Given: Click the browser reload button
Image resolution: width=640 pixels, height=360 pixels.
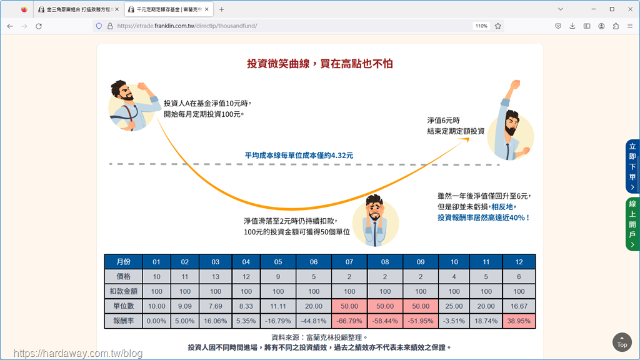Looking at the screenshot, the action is click(39, 26).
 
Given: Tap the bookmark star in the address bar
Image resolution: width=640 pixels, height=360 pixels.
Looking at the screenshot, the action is click(498, 26).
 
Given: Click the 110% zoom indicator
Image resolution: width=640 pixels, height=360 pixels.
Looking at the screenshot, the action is click(481, 26).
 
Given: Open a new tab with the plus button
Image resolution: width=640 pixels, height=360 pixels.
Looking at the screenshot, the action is click(222, 9).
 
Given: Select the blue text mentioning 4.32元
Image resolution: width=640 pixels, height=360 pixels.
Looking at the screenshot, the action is click(299, 156).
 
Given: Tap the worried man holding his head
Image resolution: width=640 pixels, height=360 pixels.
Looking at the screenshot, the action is click(375, 221).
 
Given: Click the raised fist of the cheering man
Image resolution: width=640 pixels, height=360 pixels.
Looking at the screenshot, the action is click(516, 84).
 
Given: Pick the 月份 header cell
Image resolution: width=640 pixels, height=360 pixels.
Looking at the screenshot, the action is click(123, 262).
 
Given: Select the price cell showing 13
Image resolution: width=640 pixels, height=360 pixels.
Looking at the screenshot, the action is click(216, 277).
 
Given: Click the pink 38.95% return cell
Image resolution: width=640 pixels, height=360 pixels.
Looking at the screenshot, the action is click(519, 321).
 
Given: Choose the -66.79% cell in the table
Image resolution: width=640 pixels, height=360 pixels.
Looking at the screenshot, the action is click(349, 321).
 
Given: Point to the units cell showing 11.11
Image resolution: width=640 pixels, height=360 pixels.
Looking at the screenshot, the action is click(278, 306).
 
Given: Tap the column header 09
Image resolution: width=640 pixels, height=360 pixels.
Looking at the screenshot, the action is click(421, 262).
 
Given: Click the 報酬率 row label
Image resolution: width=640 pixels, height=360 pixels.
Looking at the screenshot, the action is click(123, 321).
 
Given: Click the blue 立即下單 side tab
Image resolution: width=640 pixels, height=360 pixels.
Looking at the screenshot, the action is click(632, 166).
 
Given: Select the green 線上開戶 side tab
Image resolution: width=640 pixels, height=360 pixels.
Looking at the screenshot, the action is click(632, 224).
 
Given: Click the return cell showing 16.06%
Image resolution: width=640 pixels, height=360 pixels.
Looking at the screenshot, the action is click(216, 321).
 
